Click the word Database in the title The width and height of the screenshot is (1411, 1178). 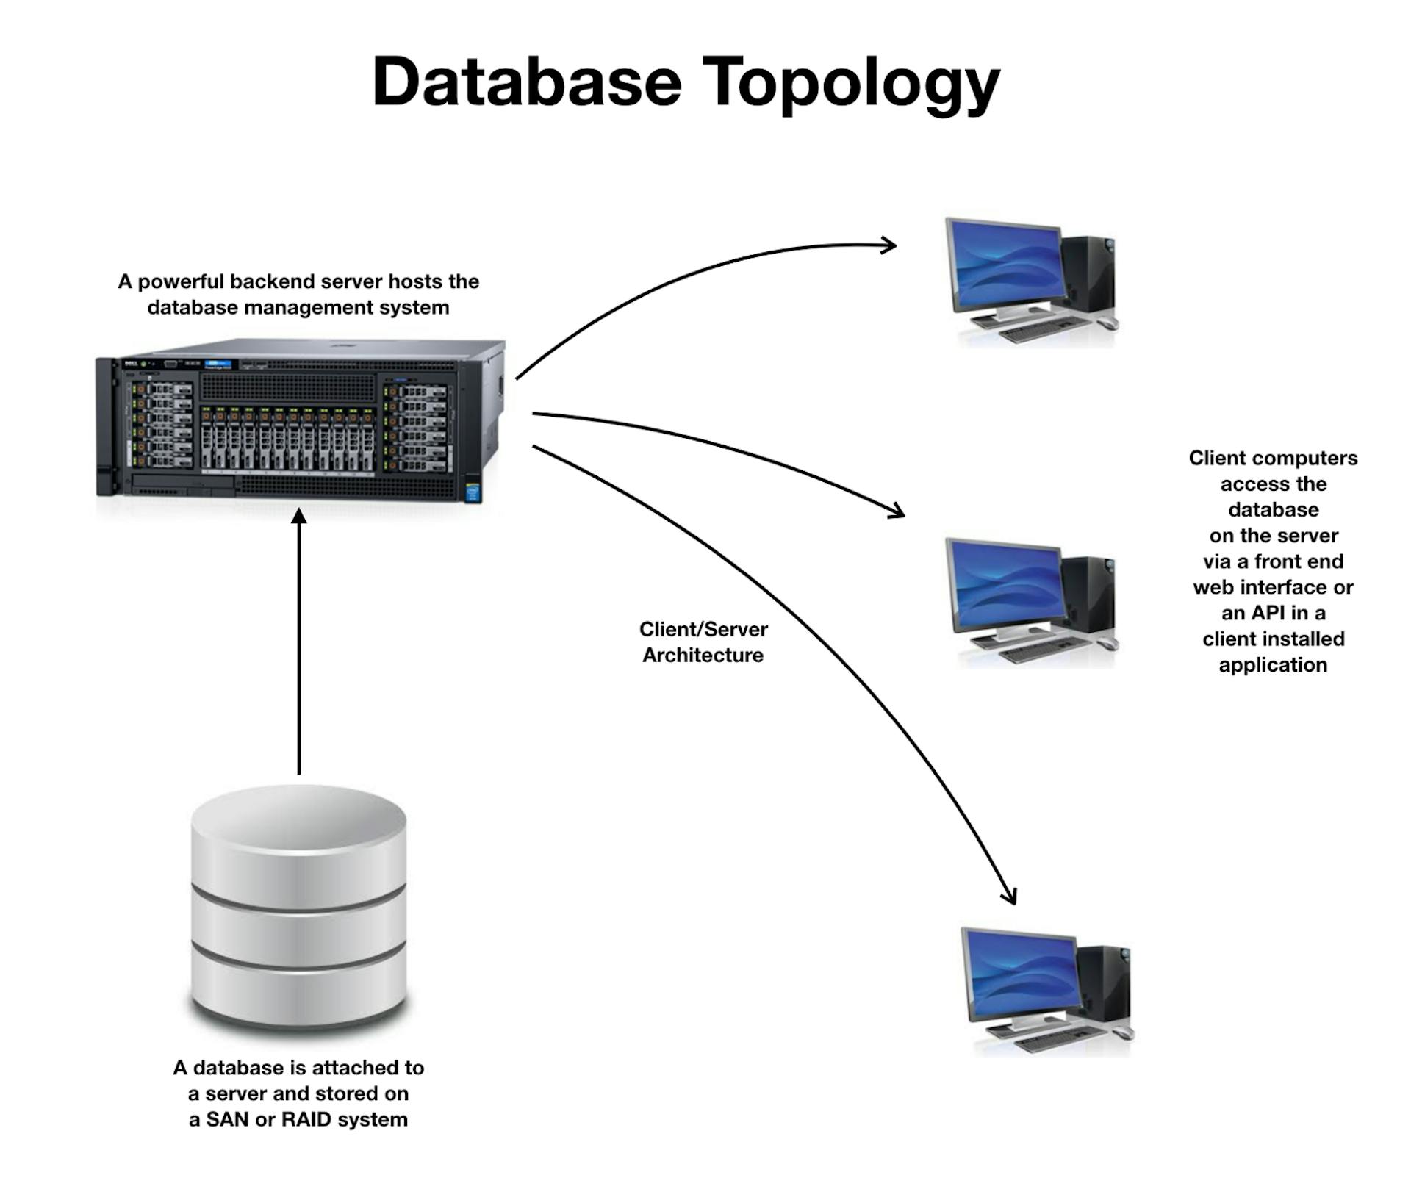[x=527, y=82]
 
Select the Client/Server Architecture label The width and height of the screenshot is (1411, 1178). [x=703, y=642]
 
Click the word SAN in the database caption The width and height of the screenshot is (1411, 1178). [x=227, y=1119]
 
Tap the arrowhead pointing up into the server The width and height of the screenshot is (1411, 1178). [x=298, y=517]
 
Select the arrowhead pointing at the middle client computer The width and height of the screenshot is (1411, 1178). [x=899, y=511]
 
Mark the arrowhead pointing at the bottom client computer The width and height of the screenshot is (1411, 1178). [x=1011, y=897]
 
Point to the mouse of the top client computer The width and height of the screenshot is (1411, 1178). [x=1108, y=323]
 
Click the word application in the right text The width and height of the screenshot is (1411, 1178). [x=1273, y=664]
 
